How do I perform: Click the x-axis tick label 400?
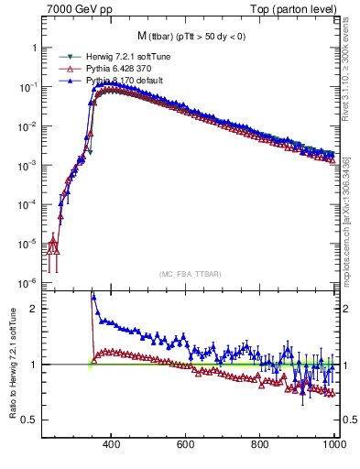pos(112,444)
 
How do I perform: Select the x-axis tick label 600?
pos(186,444)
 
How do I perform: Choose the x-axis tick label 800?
pos(260,444)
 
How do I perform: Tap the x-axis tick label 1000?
pos(332,444)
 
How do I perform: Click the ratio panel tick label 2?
pos(34,309)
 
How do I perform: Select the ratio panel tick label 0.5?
pos(30,420)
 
